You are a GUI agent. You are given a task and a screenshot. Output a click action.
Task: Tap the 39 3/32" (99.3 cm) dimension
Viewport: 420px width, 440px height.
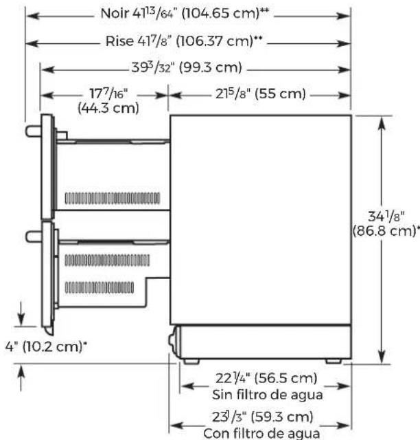[x=187, y=67]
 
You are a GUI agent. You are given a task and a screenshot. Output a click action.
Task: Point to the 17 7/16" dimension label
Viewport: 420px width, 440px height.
[x=108, y=93]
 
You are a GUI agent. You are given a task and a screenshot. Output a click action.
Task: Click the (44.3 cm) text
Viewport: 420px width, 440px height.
[x=108, y=108]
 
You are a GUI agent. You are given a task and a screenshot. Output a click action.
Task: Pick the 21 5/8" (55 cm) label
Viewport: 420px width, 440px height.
[x=260, y=93]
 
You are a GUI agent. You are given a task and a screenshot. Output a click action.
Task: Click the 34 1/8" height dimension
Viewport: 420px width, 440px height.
[x=386, y=217]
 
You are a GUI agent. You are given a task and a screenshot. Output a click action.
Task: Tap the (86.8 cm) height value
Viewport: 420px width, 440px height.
[x=386, y=231]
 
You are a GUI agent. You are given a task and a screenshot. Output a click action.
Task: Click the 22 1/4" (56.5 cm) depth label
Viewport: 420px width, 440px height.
[x=266, y=378]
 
